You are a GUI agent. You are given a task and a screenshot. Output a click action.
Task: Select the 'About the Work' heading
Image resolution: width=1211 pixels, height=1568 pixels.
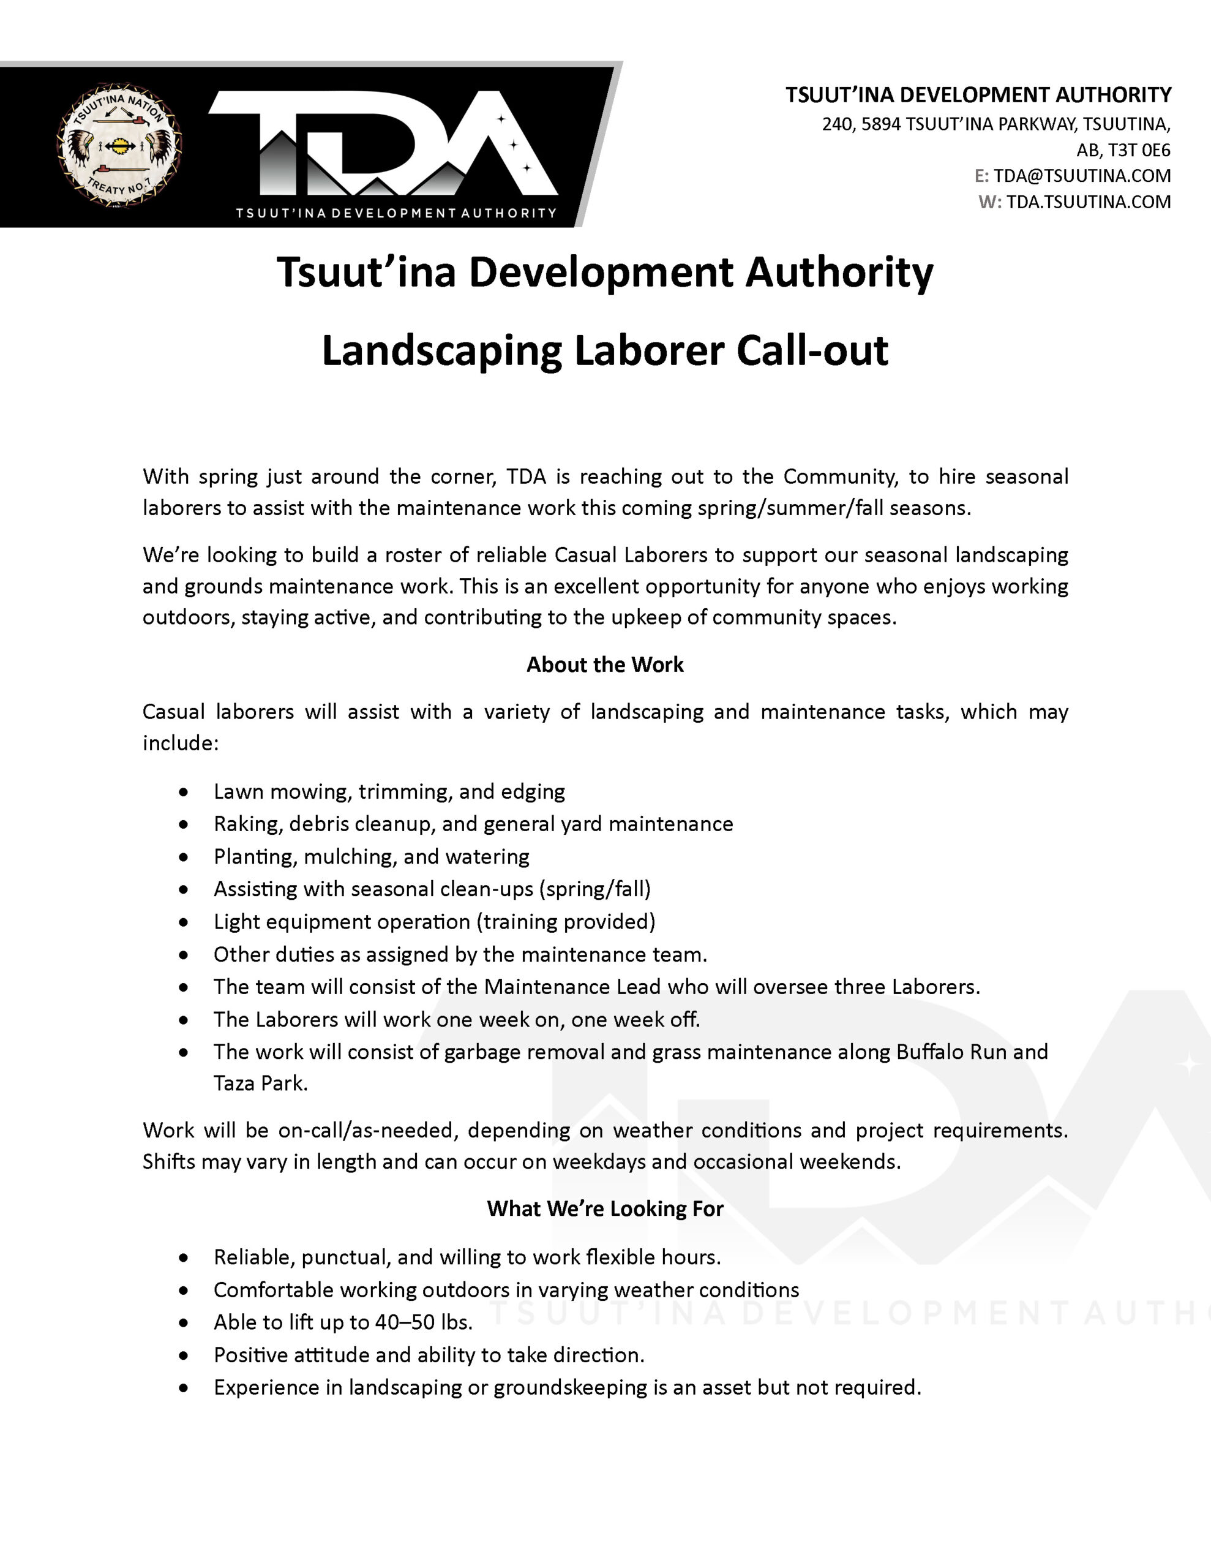tap(605, 665)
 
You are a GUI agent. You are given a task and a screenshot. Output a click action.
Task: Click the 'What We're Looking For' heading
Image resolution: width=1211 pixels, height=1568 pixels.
tap(605, 1209)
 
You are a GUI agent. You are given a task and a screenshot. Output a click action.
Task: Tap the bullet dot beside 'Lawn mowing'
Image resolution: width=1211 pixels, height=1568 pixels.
tap(184, 792)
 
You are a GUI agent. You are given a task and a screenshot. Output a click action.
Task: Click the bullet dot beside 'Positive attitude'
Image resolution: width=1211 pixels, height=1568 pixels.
tap(184, 1355)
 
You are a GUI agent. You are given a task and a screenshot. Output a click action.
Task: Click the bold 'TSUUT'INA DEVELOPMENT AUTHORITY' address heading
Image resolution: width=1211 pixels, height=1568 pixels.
tap(978, 95)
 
